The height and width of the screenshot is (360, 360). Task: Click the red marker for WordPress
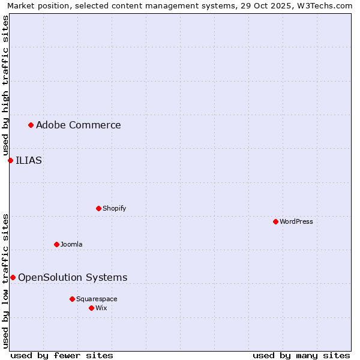[x=275, y=221]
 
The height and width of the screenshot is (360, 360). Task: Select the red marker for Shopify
[x=98, y=208]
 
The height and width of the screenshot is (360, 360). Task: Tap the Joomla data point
[x=56, y=244]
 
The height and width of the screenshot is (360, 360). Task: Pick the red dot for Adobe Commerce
[x=31, y=125]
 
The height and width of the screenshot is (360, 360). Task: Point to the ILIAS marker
[x=10, y=160]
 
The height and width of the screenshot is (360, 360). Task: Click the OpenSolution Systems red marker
[x=13, y=277]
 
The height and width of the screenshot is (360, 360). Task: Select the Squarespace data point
[x=72, y=299]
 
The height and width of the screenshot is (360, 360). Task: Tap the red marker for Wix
[x=91, y=308]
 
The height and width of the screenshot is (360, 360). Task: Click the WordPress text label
[x=296, y=221]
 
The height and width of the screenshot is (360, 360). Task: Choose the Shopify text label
[x=114, y=208]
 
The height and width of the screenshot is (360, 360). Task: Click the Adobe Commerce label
[x=79, y=125]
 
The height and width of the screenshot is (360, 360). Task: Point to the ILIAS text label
[x=29, y=160]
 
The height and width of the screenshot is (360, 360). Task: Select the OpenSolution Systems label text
[x=73, y=277]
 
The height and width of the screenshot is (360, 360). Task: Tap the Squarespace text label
[x=97, y=299]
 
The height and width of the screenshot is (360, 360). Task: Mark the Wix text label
[x=101, y=308]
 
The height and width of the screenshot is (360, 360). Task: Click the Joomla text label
[x=71, y=244]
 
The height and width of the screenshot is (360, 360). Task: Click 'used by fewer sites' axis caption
[x=62, y=355]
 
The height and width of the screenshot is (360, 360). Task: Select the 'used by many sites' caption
[x=301, y=355]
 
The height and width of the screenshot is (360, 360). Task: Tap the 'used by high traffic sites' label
[x=5, y=86]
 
